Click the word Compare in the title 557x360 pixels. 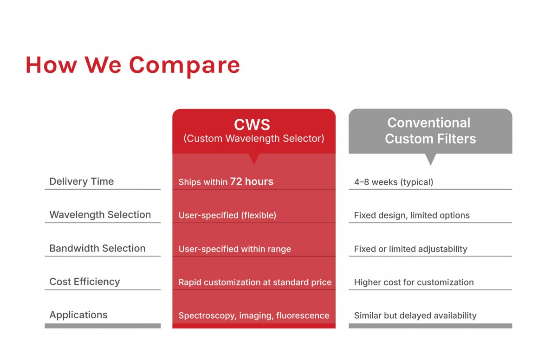(x=185, y=66)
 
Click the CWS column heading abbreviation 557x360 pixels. (x=252, y=124)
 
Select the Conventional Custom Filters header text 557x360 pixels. (x=430, y=131)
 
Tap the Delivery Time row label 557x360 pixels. (x=82, y=181)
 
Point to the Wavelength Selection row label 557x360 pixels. (x=100, y=215)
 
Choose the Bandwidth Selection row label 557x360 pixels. (x=97, y=248)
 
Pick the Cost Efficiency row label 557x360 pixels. (x=84, y=282)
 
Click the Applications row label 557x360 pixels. (x=78, y=315)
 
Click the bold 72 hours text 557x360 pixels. (x=252, y=181)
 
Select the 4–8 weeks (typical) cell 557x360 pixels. (x=394, y=182)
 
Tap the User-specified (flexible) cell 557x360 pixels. (x=227, y=215)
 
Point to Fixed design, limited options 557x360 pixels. (x=412, y=215)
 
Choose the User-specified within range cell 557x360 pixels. (x=235, y=249)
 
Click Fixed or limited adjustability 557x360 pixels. (x=410, y=249)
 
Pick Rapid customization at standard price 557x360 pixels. (x=255, y=282)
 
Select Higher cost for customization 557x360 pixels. (x=414, y=282)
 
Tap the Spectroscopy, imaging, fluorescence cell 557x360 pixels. (x=254, y=315)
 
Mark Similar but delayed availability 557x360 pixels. (x=415, y=315)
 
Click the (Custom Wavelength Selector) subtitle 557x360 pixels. (x=254, y=139)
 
